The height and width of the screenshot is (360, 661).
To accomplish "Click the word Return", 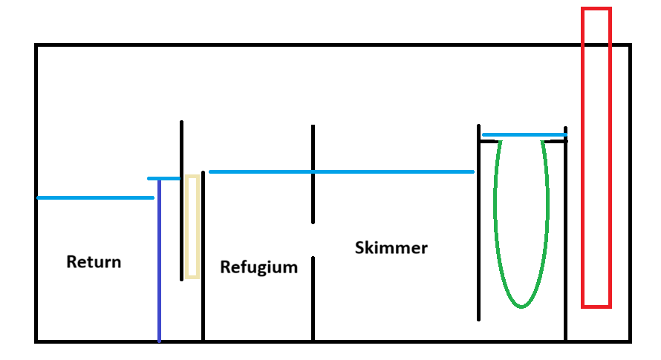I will click(x=94, y=262).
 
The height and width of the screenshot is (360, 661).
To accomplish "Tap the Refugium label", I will click(x=258, y=267).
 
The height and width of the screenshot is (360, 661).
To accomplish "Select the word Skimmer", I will click(x=391, y=248).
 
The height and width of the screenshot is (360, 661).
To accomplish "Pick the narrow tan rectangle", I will click(x=192, y=226).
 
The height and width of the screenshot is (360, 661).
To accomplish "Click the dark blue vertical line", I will click(x=159, y=282).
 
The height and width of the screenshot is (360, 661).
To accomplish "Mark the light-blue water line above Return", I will click(x=95, y=198).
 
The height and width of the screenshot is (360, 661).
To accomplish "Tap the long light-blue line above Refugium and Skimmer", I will click(x=342, y=172).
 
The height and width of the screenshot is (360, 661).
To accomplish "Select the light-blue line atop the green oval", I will click(x=524, y=135).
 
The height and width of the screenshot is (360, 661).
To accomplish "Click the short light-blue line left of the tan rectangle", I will click(x=163, y=179).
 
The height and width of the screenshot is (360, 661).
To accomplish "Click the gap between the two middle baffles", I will click(x=313, y=240).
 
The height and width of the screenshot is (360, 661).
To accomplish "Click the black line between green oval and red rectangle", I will click(x=566, y=238).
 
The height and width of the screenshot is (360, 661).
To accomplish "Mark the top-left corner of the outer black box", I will click(x=36, y=45).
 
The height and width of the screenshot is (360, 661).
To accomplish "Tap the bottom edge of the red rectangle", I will click(x=596, y=306).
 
